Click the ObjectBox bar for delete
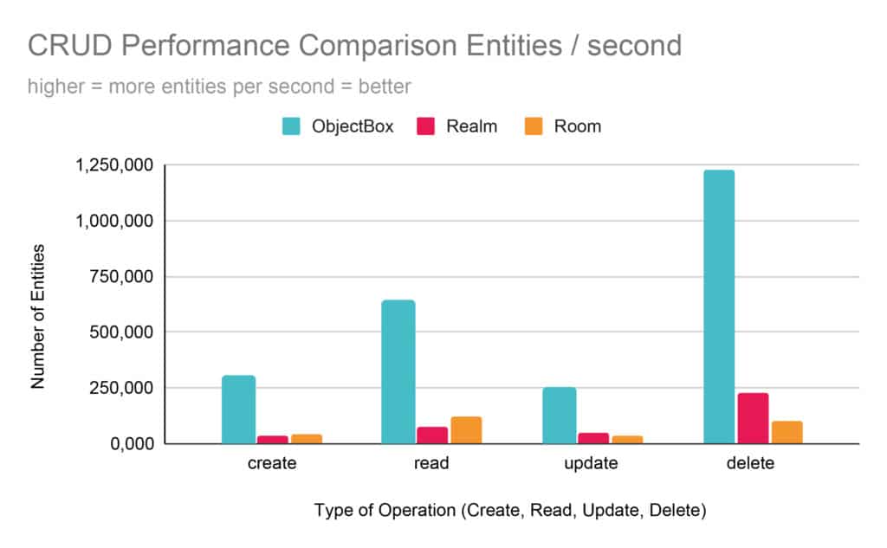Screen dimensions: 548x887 (718, 306)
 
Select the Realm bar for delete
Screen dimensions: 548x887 (753, 418)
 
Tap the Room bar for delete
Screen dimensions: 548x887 (787, 432)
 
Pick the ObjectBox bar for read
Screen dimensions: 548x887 (398, 371)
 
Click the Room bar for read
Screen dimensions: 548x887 (465, 430)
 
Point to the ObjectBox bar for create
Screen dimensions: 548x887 (238, 409)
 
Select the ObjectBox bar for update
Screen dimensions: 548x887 (559, 416)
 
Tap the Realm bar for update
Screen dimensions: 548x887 (593, 438)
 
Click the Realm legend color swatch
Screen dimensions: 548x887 (426, 126)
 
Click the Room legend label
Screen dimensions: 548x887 (577, 126)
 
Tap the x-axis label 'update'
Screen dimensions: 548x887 (592, 463)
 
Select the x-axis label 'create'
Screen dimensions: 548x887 (271, 463)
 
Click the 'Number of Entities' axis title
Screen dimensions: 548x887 (37, 316)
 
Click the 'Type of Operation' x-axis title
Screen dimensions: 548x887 (510, 511)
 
